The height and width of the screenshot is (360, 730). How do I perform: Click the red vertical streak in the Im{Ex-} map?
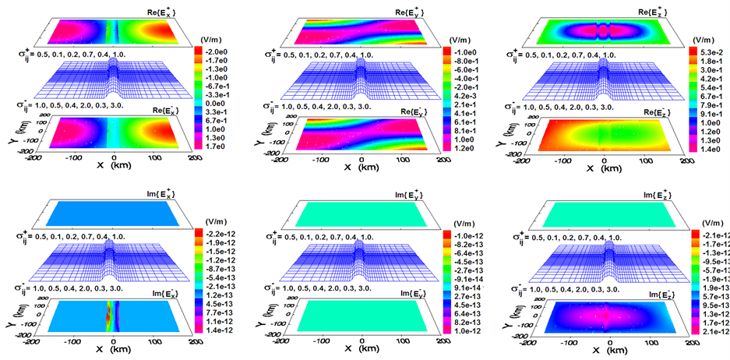tap(108, 319)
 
